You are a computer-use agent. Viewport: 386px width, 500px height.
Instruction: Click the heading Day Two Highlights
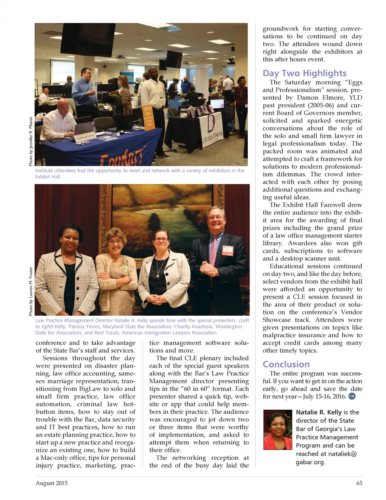(x=305, y=73)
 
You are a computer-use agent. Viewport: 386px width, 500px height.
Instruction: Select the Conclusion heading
(x=286, y=364)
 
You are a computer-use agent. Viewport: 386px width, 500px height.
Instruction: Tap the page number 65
(x=359, y=483)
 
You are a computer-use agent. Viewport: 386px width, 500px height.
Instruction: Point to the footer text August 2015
(x=52, y=483)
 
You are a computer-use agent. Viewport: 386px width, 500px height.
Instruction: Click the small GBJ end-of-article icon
(x=352, y=396)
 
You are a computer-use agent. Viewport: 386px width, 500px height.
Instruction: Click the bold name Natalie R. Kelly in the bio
(x=319, y=412)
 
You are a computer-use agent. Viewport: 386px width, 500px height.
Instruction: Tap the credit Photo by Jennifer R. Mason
(x=31, y=141)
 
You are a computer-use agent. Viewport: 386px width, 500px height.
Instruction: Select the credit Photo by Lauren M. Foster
(x=31, y=291)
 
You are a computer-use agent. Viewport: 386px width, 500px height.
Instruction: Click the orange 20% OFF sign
(x=149, y=118)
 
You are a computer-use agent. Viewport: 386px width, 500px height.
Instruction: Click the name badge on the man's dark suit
(x=228, y=251)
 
